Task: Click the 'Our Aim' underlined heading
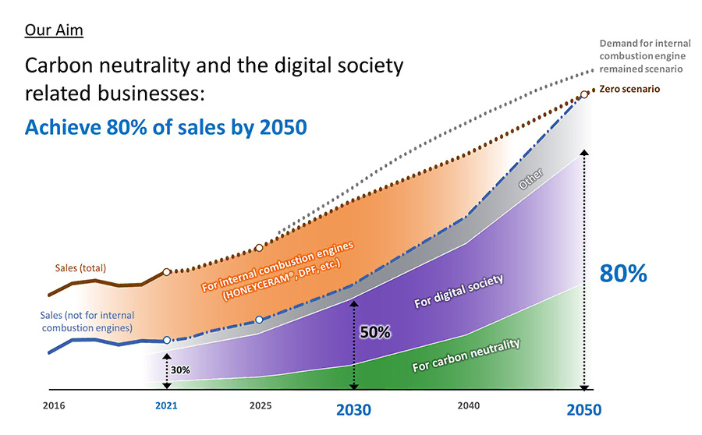tap(54, 31)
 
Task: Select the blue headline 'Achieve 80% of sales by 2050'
tap(165, 126)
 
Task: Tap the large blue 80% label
tap(623, 274)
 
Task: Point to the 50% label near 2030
tap(374, 331)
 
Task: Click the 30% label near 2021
tap(181, 370)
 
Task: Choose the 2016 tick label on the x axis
tap(54, 406)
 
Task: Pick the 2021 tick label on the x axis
tap(166, 406)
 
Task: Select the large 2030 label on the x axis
tap(353, 409)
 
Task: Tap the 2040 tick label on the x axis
tap(469, 406)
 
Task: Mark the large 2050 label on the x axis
tap(583, 409)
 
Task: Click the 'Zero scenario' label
tap(629, 89)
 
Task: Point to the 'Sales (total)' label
tap(80, 268)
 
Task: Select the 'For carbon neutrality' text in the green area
tap(466, 355)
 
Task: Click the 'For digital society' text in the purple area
tap(459, 290)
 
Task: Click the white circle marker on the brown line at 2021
tap(166, 272)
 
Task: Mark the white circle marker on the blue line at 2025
tap(260, 320)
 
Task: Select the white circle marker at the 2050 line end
tap(584, 96)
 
